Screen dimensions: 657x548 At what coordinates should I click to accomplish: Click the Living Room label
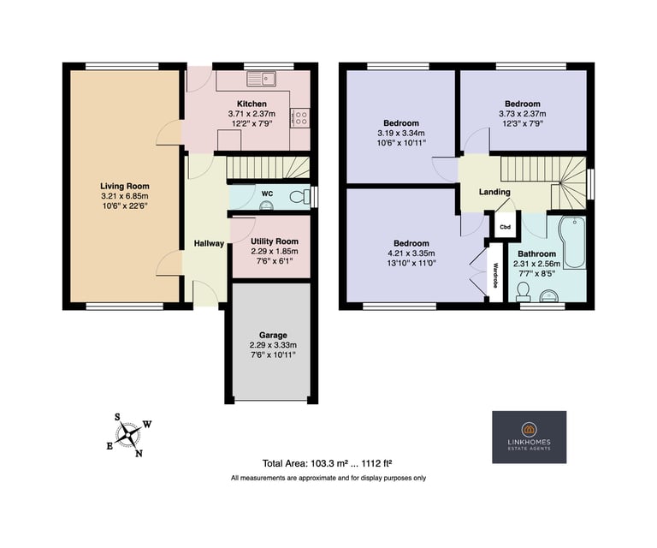pyautogui.click(x=124, y=186)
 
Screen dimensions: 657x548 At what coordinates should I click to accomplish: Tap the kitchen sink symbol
pyautogui.click(x=261, y=79)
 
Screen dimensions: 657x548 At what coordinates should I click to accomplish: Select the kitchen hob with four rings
pyautogui.click(x=300, y=118)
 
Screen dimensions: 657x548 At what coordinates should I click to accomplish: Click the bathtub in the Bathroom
pyautogui.click(x=572, y=242)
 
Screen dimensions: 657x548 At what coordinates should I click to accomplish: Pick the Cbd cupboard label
pyautogui.click(x=506, y=227)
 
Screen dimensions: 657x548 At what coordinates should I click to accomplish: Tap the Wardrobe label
pyautogui.click(x=495, y=275)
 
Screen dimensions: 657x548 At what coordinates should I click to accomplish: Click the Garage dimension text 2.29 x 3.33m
pyautogui.click(x=273, y=345)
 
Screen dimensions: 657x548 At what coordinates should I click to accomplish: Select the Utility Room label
pyautogui.click(x=275, y=241)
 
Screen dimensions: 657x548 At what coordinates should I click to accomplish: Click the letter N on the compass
pyautogui.click(x=139, y=453)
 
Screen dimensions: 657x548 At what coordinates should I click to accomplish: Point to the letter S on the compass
pyautogui.click(x=118, y=417)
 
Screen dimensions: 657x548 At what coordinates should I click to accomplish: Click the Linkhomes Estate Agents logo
pyautogui.click(x=530, y=437)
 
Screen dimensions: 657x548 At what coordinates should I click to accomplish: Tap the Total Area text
pyautogui.click(x=328, y=463)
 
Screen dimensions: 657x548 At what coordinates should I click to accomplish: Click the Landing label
pyautogui.click(x=494, y=192)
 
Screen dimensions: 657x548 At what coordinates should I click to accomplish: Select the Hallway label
pyautogui.click(x=209, y=243)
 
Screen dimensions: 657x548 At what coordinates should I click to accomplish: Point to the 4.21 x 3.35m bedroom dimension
pyautogui.click(x=411, y=253)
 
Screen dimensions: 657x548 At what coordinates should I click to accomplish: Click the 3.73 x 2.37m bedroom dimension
pyautogui.click(x=523, y=114)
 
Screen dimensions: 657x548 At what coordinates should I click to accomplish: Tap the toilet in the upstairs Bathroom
pyautogui.click(x=523, y=292)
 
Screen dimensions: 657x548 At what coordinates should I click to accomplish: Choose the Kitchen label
pyautogui.click(x=252, y=104)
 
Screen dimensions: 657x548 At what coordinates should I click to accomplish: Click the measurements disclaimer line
pyautogui.click(x=328, y=478)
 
